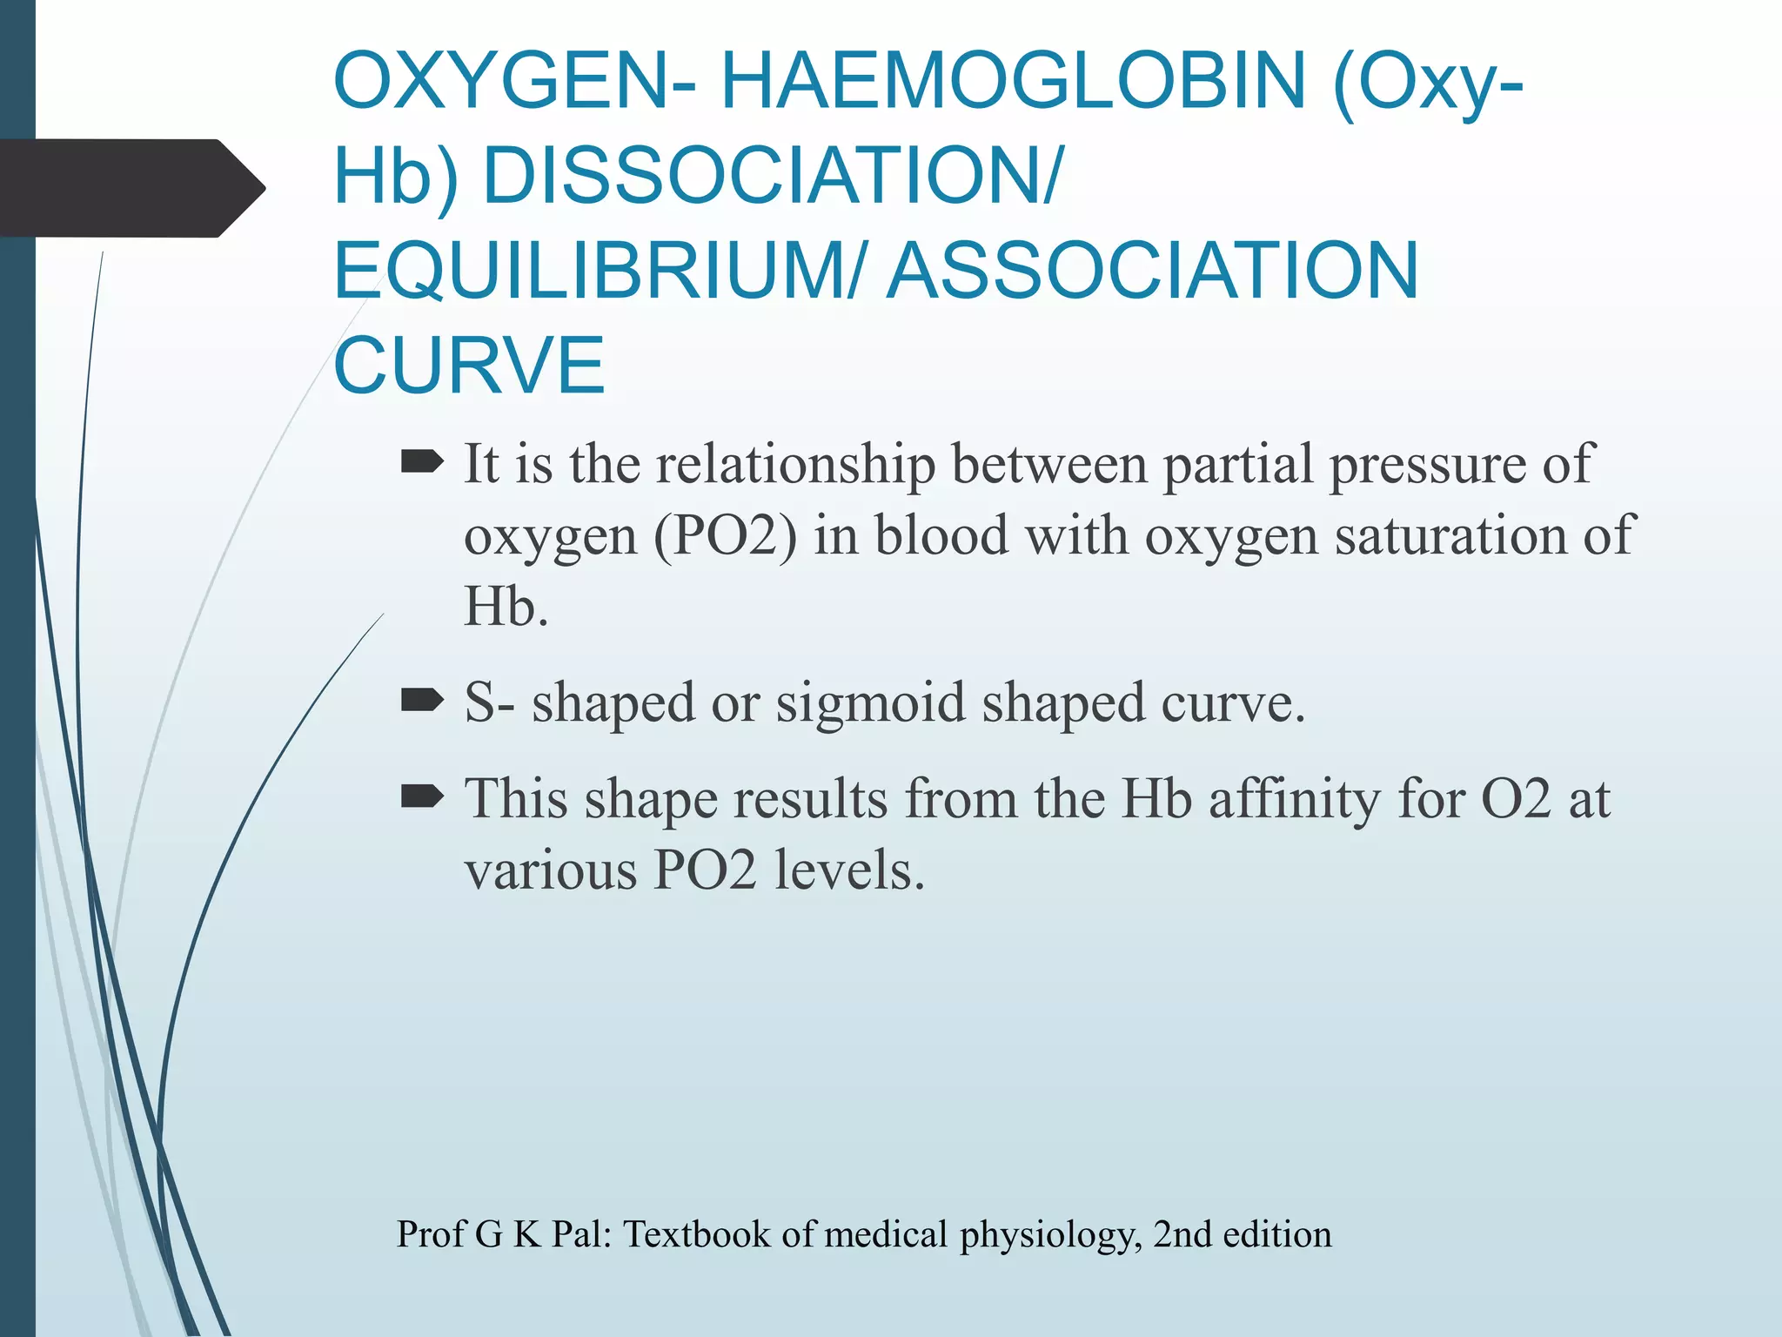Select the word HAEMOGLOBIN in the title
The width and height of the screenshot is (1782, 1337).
1013,80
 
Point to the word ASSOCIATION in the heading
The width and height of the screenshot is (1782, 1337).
1153,271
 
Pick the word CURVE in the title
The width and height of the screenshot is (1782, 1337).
469,366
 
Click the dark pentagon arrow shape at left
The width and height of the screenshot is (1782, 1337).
131,188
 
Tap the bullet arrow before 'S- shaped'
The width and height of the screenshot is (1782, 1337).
422,700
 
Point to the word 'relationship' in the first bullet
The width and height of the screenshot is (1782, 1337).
795,464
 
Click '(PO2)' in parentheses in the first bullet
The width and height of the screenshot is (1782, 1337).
725,535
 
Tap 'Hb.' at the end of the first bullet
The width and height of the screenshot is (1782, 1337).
506,607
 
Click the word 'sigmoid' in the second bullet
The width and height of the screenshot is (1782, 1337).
870,702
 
